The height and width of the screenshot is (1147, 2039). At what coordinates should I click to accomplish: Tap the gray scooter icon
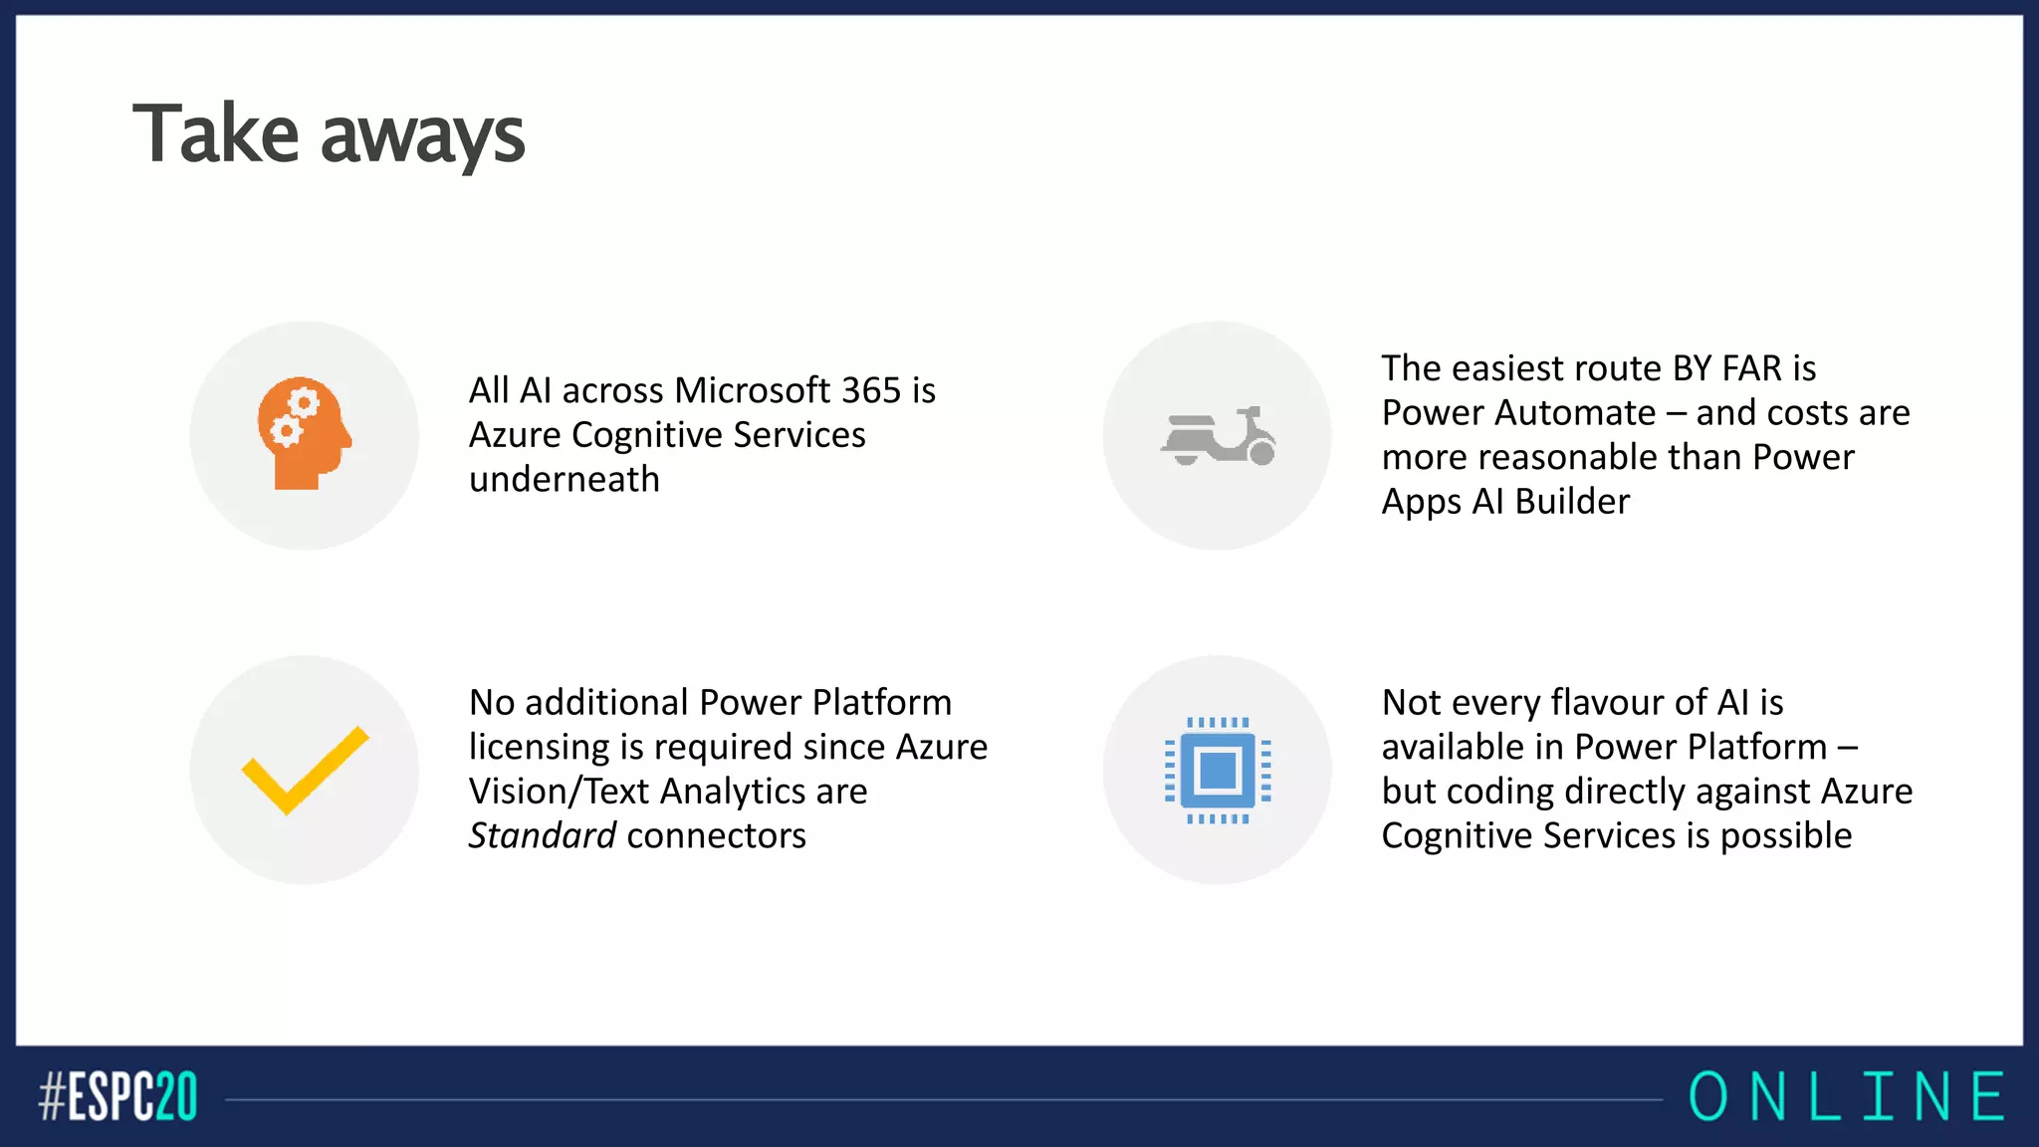coord(1218,436)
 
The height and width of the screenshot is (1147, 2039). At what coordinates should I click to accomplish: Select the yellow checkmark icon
coord(305,770)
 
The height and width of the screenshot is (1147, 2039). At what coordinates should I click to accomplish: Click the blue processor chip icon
coord(1218,770)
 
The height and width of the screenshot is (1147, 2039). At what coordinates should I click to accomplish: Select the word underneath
coord(565,480)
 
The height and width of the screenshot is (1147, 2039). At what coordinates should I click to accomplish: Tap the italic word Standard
coord(543,835)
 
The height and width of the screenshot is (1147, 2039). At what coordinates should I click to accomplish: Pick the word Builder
coord(1572,502)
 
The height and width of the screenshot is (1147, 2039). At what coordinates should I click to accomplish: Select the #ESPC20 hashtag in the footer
coord(118,1097)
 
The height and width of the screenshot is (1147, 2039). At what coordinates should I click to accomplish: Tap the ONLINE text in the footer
coord(1847,1097)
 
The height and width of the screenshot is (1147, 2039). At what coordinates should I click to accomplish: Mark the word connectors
coord(716,836)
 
